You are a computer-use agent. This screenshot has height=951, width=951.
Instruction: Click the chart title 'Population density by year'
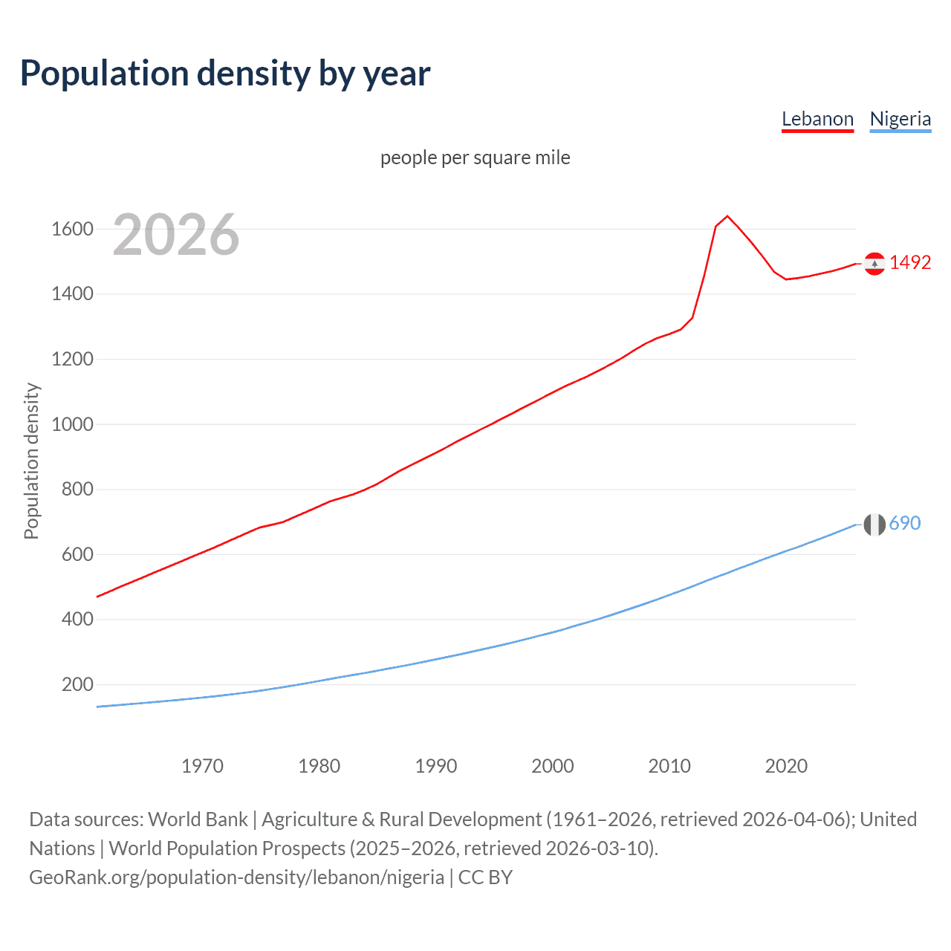tap(225, 74)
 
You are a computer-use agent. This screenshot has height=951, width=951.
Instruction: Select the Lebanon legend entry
tap(817, 119)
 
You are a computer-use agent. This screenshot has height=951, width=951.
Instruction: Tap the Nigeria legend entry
tap(900, 119)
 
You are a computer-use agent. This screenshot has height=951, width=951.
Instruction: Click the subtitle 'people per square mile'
tap(475, 158)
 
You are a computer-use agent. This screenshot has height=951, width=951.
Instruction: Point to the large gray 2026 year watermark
tap(176, 235)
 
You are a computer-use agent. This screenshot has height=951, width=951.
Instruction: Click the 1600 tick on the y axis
tap(72, 229)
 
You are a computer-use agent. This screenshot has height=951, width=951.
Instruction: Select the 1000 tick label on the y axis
tap(72, 424)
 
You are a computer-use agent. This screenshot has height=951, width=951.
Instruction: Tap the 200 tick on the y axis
tap(77, 684)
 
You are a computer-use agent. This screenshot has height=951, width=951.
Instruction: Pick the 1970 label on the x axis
tap(202, 766)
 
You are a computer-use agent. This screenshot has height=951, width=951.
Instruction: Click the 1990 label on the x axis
tap(436, 766)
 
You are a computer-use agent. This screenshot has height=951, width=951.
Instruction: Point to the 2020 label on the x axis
tap(786, 766)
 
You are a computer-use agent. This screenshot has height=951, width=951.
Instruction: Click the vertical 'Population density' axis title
tap(31, 461)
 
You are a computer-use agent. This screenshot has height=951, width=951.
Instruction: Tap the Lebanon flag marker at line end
tap(874, 263)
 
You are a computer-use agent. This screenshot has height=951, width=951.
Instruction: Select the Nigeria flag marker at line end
tap(874, 525)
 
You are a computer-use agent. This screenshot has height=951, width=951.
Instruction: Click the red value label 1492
tap(910, 262)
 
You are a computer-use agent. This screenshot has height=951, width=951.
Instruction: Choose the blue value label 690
tap(905, 523)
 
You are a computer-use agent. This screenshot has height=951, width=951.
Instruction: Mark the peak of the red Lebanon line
tap(727, 216)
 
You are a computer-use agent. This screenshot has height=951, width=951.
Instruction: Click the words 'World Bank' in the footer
tap(198, 819)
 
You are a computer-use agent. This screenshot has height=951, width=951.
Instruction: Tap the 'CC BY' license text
tap(485, 877)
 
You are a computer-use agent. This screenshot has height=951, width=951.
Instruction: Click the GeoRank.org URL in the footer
tap(236, 877)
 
